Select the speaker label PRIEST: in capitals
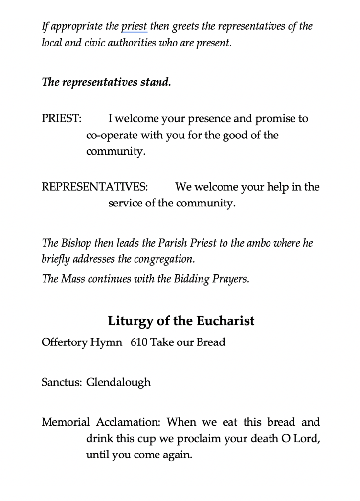(x=62, y=119)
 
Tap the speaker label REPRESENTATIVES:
(x=95, y=187)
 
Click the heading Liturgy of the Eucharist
(x=181, y=321)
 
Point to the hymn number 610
(x=139, y=342)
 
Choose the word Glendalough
(x=118, y=382)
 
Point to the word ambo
(x=255, y=243)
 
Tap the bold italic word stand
(x=155, y=82)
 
